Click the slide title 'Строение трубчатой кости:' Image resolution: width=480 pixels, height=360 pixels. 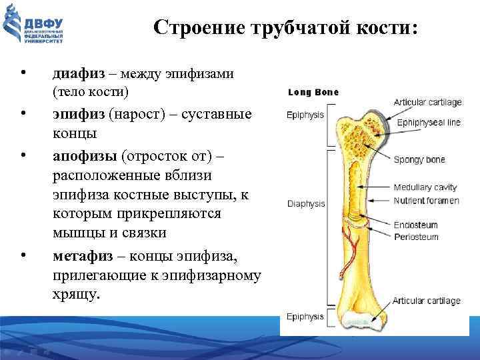(286, 28)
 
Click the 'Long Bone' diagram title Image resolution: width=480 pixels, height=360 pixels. (313, 93)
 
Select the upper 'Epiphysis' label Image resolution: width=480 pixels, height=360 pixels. (305, 115)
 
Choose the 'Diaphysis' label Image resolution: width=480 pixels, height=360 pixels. (305, 203)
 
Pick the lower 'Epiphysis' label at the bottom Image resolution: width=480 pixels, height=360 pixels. (305, 316)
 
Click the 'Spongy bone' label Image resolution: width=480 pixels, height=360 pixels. (419, 160)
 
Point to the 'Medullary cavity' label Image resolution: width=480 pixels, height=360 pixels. (425, 188)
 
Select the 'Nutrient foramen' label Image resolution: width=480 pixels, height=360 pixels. (427, 201)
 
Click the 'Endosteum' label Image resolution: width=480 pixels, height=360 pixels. (416, 225)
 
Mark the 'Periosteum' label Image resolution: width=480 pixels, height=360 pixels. (416, 237)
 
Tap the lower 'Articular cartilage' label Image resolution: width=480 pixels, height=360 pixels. (427, 301)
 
